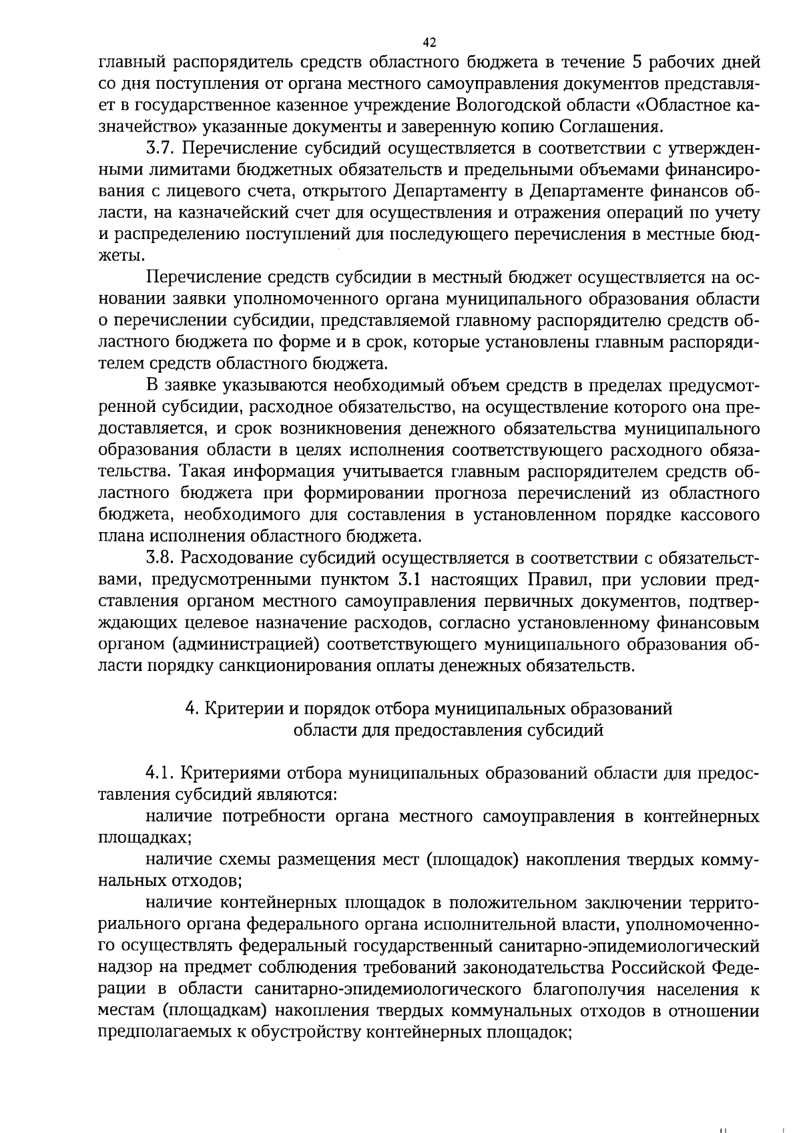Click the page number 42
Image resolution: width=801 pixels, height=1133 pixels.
pos(429,43)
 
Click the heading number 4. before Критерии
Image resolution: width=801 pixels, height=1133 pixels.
pos(190,708)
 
